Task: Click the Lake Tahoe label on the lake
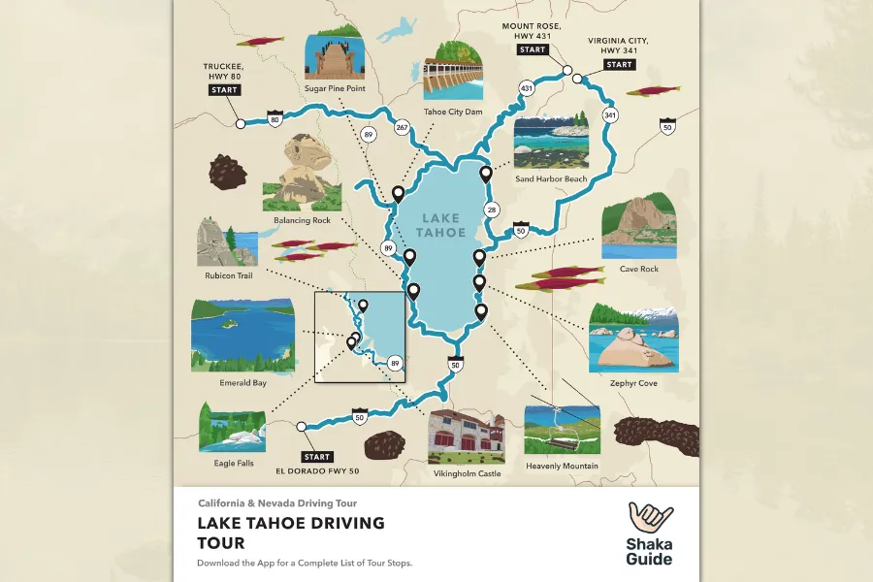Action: [440, 225]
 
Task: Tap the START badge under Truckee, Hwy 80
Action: [223, 90]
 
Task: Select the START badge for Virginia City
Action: [618, 65]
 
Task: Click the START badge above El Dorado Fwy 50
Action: [317, 457]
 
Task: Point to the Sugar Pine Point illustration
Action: [333, 56]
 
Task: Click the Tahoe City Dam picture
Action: [453, 70]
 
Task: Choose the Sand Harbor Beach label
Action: [551, 178]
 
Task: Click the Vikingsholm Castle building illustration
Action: [466, 436]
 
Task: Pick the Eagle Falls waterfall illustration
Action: [232, 427]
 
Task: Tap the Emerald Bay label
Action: [242, 383]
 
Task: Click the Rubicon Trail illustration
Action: [228, 242]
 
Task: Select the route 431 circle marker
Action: [527, 88]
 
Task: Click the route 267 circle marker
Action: [403, 127]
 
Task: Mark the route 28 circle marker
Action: [492, 210]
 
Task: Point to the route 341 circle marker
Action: [610, 115]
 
